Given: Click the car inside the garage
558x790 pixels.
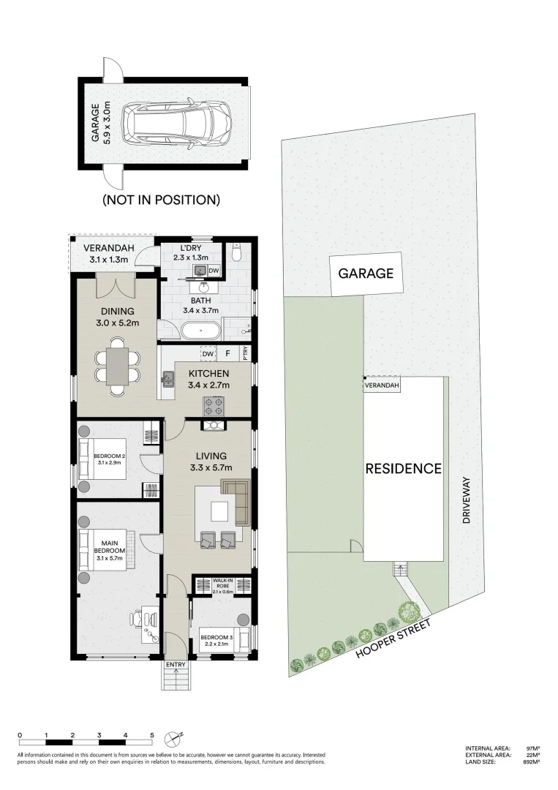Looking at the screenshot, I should [x=176, y=122].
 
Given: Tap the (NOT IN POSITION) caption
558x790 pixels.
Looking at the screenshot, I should [x=161, y=199].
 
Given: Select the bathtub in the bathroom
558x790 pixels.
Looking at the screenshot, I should [x=199, y=331].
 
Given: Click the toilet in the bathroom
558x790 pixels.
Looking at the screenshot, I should [x=235, y=254].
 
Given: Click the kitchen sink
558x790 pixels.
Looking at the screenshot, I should [x=168, y=378].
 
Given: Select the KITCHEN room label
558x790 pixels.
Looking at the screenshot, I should [x=208, y=374].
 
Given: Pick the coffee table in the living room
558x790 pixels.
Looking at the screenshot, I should [x=219, y=509].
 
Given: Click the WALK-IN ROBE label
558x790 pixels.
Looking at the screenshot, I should [x=222, y=584].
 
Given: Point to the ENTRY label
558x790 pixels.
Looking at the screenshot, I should [x=176, y=664].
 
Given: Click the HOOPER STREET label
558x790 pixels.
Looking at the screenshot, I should [x=393, y=638].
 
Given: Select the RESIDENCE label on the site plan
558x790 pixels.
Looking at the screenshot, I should [x=403, y=468].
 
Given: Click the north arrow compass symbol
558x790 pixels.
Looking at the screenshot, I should [x=173, y=737].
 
